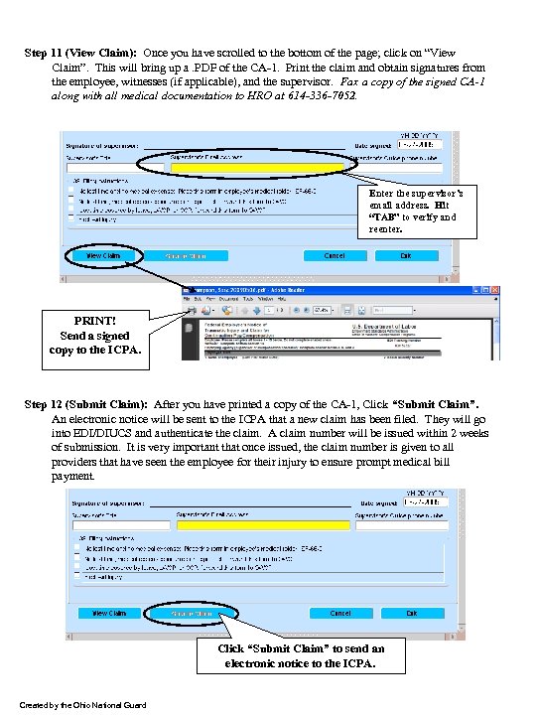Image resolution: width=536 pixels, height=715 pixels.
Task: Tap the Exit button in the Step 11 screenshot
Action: coord(405,255)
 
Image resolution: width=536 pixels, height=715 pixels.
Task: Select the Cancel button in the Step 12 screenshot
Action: coord(340,614)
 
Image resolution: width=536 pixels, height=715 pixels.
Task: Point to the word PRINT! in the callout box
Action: coord(96,321)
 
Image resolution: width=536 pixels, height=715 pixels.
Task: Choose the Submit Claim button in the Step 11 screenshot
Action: coord(194,255)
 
